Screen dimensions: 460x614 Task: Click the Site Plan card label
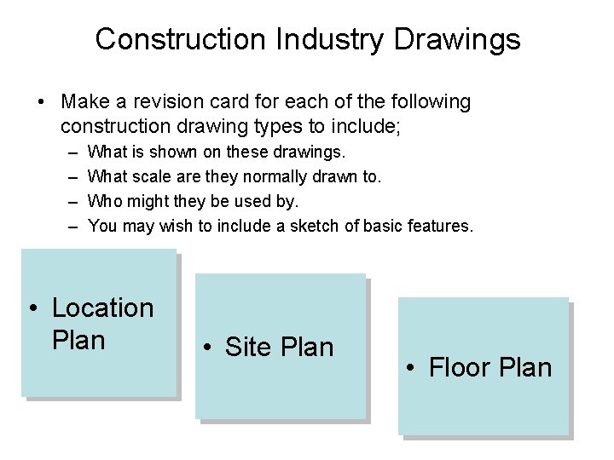click(278, 347)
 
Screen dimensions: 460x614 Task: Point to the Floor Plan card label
click(490, 368)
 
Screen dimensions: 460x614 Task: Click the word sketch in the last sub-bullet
click(328, 226)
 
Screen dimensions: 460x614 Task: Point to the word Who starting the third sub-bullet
click(107, 202)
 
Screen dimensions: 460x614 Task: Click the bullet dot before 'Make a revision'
click(41, 102)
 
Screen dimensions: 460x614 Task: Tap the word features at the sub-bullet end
click(438, 226)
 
